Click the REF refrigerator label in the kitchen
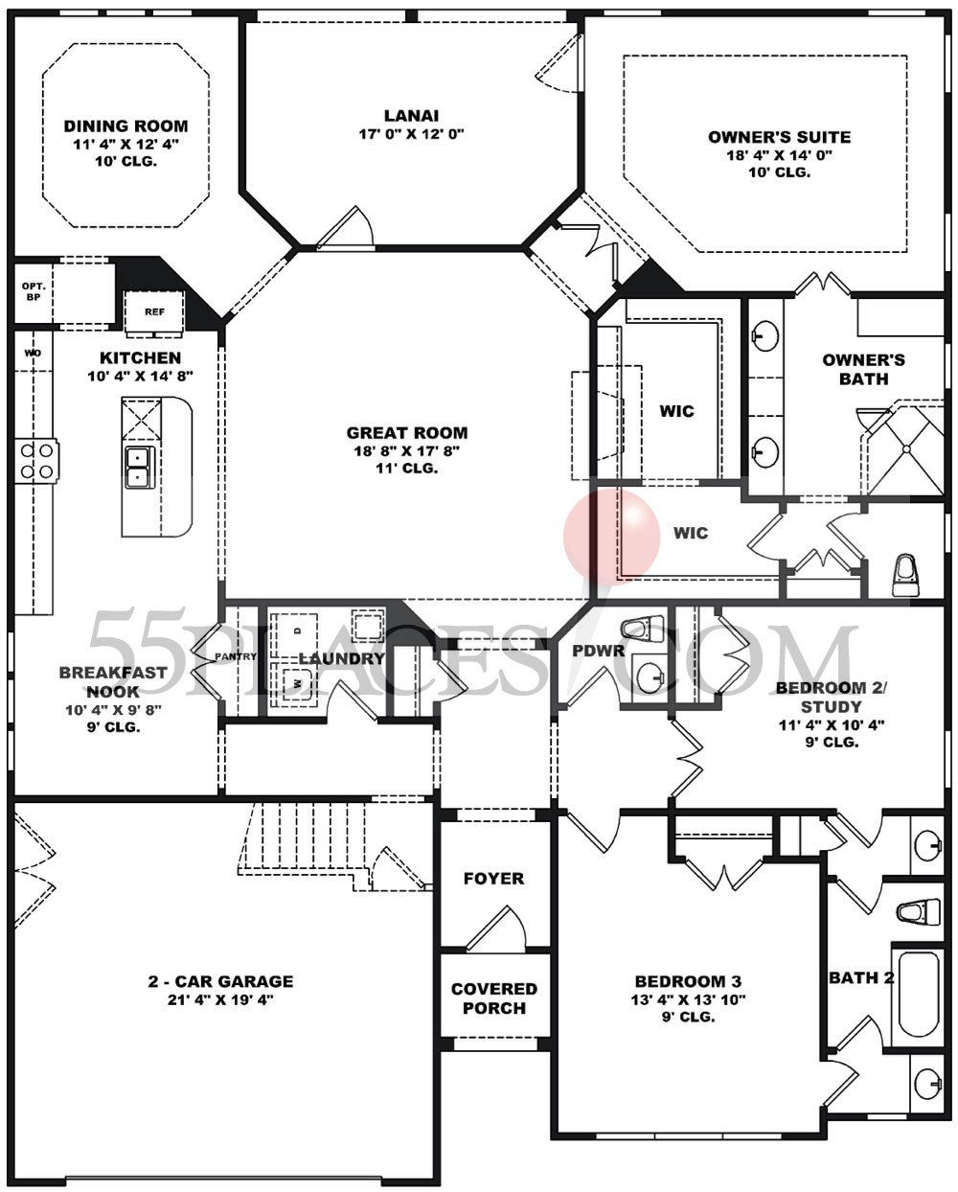coord(153,311)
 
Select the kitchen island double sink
coord(139,467)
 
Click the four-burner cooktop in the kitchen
coord(36,459)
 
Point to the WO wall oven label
coord(33,354)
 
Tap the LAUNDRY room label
coord(341,658)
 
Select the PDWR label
coord(599,652)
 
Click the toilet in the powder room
coord(643,630)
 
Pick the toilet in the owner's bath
coord(906,573)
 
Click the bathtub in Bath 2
coord(916,997)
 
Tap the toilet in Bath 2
coord(918,910)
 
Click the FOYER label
coord(493,879)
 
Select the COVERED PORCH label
coord(494,998)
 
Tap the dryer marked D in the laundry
coord(297,630)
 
